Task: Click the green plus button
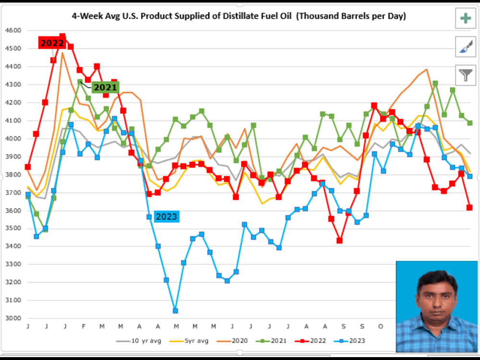465,18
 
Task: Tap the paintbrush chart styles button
465,47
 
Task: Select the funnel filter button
465,75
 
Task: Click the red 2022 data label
52,43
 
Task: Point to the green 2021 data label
105,87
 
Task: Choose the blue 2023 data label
167,217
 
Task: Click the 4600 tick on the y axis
13,30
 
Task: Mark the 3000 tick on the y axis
13,318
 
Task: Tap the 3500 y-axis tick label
13,228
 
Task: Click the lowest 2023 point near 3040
175,311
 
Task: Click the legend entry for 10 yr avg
139,341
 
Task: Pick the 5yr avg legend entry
189,341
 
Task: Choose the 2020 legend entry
232,341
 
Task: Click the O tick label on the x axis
381,326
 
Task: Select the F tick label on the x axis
84,326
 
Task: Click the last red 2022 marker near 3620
469,207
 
